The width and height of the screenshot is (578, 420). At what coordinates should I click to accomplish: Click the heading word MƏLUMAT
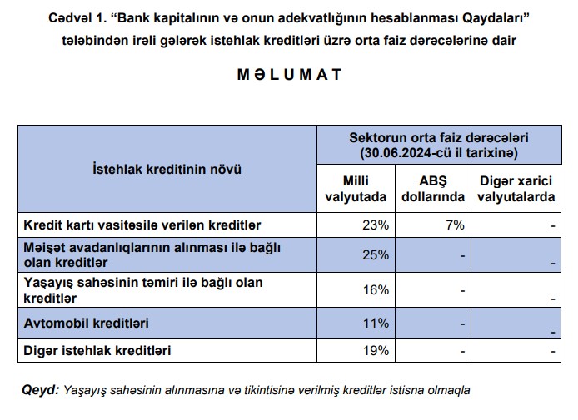[289, 75]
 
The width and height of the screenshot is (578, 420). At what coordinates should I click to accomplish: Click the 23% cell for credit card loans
[376, 225]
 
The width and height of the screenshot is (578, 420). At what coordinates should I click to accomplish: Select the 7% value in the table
[454, 225]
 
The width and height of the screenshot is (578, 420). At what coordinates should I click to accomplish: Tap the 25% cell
[376, 255]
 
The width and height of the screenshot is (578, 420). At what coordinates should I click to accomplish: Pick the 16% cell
[376, 289]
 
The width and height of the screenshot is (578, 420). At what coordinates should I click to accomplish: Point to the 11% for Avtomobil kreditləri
[376, 322]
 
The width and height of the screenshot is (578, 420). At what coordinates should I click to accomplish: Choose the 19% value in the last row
[376, 350]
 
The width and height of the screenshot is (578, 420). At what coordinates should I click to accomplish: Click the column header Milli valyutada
[356, 189]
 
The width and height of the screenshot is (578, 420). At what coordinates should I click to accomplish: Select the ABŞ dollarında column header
[432, 189]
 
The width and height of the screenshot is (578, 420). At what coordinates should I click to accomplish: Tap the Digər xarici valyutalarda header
[516, 189]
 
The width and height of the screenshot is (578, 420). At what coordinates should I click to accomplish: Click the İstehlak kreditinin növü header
[167, 169]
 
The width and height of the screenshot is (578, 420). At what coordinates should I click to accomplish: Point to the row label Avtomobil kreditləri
[80, 322]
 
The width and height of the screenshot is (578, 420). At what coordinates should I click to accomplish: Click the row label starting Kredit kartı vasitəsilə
[142, 225]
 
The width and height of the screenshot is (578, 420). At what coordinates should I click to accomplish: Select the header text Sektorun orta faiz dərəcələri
[439, 138]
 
